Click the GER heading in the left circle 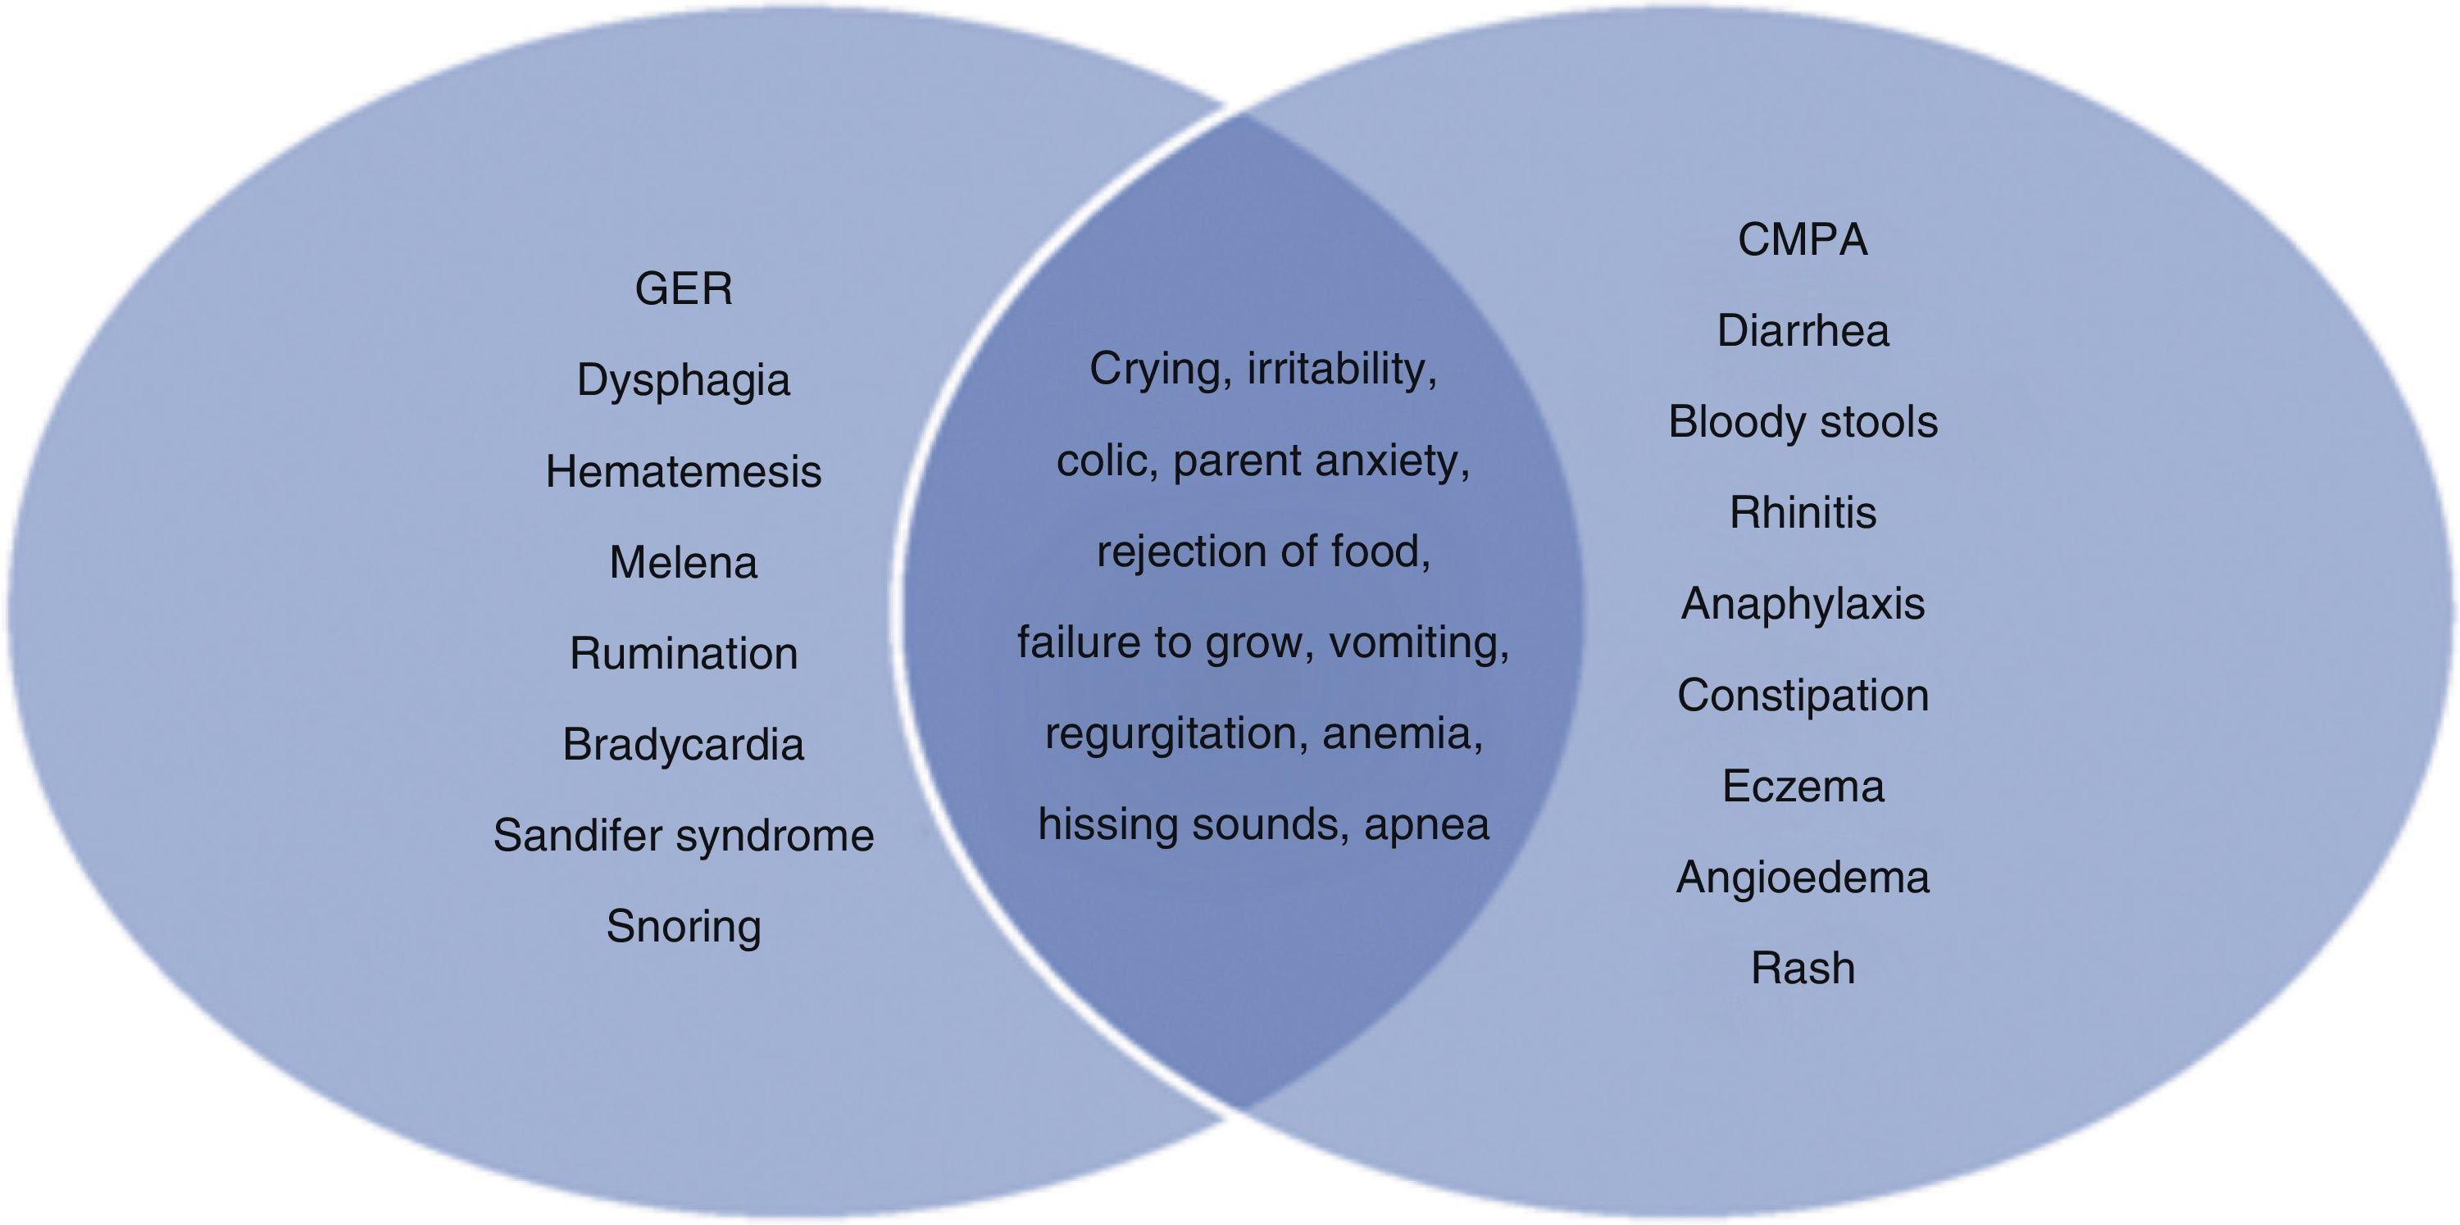click(684, 288)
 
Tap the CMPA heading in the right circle click(1802, 238)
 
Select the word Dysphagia click(684, 381)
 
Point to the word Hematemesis click(684, 472)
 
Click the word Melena click(684, 562)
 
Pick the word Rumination click(684, 654)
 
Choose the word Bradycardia click(684, 745)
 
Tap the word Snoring click(684, 927)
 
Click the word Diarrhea click(1802, 331)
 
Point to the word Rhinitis click(1802, 513)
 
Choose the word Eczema click(1802, 787)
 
